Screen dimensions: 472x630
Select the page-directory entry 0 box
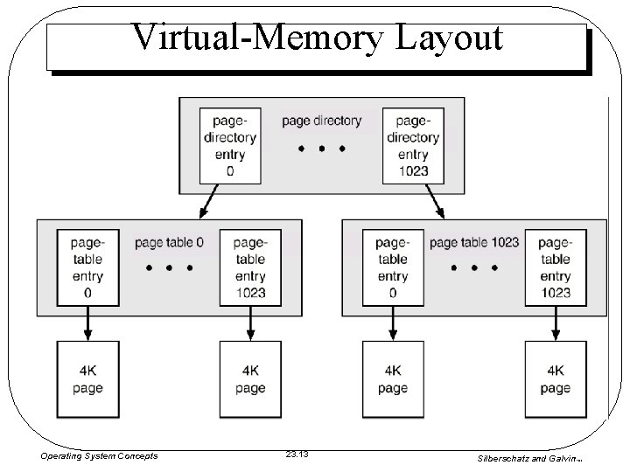(230, 145)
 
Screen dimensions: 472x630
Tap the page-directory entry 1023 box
(412, 145)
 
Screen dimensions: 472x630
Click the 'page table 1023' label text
(474, 242)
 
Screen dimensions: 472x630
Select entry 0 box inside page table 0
(87, 267)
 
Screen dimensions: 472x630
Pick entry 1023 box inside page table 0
(250, 267)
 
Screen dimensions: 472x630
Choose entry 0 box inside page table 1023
(393, 267)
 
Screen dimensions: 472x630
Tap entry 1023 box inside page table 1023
(555, 267)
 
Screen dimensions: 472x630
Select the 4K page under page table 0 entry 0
(87, 379)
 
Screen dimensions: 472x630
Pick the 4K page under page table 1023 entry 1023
(555, 379)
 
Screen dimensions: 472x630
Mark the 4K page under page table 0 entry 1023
(250, 379)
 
